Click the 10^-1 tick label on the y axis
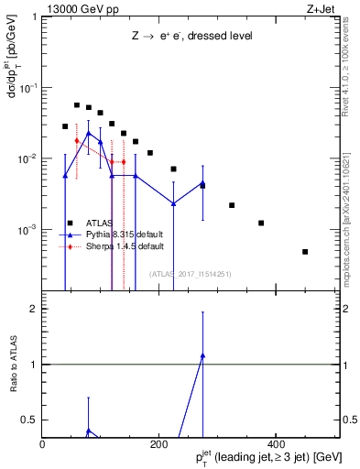[x=26, y=88]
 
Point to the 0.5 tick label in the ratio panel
[x=28, y=420]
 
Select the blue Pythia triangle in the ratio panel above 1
[x=202, y=355]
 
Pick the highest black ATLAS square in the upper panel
[x=77, y=105]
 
